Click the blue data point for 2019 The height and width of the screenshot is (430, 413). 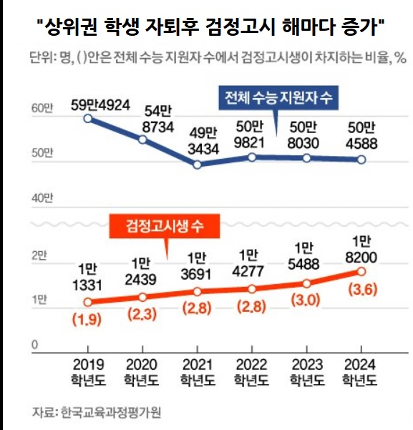[87, 118]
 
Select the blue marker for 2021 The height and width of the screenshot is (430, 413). [198, 165]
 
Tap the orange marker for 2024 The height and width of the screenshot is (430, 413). [361, 271]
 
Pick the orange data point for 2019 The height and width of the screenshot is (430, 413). [87, 302]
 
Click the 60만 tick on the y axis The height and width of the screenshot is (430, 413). [42, 109]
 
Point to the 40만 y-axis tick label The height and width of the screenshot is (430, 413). [42, 197]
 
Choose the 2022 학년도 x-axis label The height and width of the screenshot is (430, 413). [252, 372]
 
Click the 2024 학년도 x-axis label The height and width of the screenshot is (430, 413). [361, 372]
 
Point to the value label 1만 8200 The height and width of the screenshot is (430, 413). [361, 250]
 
